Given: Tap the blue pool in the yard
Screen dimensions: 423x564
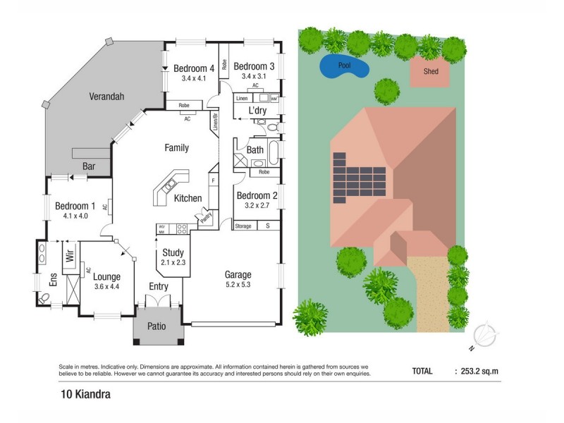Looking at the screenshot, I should (345, 67).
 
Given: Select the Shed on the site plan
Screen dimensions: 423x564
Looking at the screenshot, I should (430, 72).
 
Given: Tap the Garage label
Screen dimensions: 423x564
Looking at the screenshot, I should (238, 274).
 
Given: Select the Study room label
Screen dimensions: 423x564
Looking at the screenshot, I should (173, 252).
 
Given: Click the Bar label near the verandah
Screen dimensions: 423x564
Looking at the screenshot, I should (90, 167).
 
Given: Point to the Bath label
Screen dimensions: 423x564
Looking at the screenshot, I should (255, 149).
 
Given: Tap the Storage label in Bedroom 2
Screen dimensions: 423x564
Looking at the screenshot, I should (243, 226).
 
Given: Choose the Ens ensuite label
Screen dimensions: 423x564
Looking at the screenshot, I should (53, 280).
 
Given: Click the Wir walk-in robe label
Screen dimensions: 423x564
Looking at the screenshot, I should (70, 257).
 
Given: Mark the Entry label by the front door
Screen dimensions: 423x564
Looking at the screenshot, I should (159, 286).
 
